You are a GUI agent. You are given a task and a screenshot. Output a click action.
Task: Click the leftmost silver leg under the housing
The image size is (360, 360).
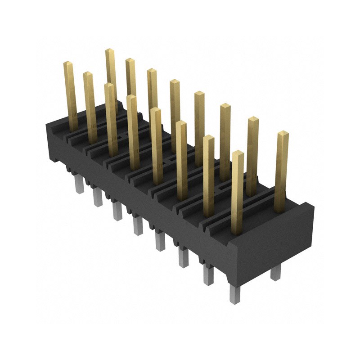(80, 184)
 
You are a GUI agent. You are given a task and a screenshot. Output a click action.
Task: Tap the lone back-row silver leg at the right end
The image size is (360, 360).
(275, 272)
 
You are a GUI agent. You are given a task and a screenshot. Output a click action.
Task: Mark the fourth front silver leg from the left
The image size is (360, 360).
(138, 225)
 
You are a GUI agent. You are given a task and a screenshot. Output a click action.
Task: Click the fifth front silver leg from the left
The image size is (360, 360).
(160, 240)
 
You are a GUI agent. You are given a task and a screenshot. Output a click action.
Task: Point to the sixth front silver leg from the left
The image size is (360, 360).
(183, 257)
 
